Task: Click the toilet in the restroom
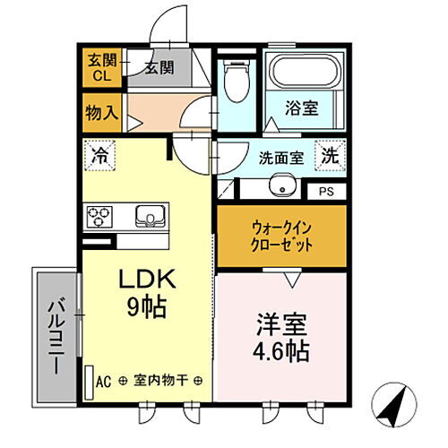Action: [x=237, y=81]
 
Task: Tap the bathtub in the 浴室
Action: [x=305, y=71]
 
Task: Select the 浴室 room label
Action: [x=301, y=108]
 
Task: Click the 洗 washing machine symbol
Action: [x=330, y=155]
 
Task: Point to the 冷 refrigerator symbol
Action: [x=99, y=155]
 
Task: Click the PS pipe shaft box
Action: [x=327, y=192]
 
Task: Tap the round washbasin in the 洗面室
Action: [x=282, y=185]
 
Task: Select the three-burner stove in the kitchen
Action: [x=99, y=217]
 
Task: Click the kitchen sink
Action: [x=151, y=216]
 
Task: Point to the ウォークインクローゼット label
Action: [x=281, y=237]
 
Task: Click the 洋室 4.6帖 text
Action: [x=281, y=337]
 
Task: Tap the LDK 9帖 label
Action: [x=147, y=293]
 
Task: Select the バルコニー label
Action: [x=56, y=336]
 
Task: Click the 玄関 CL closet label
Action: [x=102, y=68]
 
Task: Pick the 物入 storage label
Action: [x=102, y=113]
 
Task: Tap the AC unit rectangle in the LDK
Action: [x=89, y=383]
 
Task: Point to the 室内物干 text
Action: [x=160, y=380]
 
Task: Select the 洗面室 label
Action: [x=281, y=158]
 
